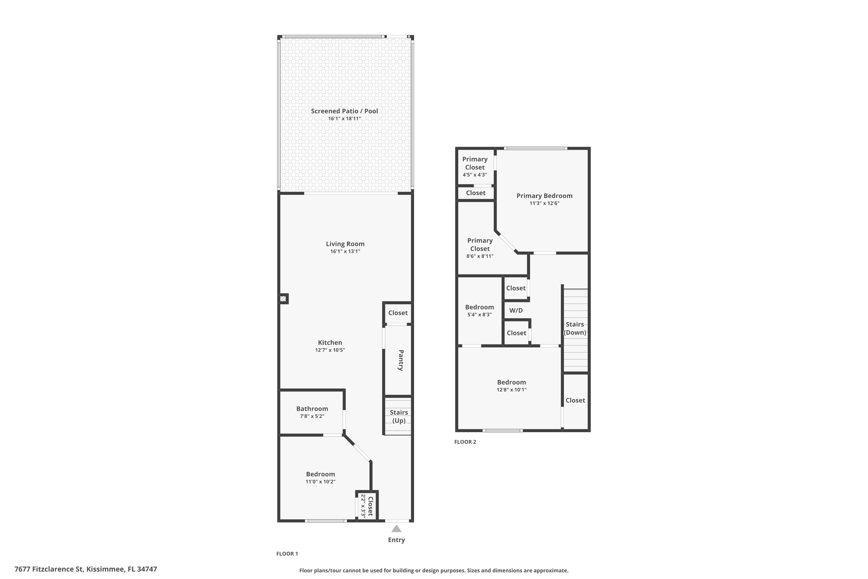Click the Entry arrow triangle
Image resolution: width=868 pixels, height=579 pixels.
coord(396,529)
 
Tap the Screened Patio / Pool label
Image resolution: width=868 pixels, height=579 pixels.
coord(344,111)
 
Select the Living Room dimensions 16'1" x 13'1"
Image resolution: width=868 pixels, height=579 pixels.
coord(345,252)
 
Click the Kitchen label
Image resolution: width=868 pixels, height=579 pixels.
coord(330,343)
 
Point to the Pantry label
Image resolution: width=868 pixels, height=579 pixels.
coord(401,360)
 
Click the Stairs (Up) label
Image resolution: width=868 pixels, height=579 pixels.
coord(399,417)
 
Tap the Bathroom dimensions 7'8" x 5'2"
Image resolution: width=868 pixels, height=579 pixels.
coord(312,417)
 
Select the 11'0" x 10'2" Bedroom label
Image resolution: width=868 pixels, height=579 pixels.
coord(320,474)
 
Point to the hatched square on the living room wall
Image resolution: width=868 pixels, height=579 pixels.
coord(283,299)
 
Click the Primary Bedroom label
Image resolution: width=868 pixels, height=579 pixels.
coord(544,196)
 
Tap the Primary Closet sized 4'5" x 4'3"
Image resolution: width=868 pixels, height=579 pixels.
coord(475,163)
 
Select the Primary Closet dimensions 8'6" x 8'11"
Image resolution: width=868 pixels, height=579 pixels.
coord(480,256)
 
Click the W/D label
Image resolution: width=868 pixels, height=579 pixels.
coord(516,310)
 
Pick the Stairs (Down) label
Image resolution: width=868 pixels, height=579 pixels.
coord(575,328)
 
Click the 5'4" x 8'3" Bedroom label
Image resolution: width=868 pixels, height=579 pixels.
coord(479,307)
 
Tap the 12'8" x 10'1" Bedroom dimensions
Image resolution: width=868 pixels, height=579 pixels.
coord(512,390)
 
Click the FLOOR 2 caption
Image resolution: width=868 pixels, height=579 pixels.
coord(465,442)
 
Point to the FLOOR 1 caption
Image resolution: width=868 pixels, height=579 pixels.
coord(287,554)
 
